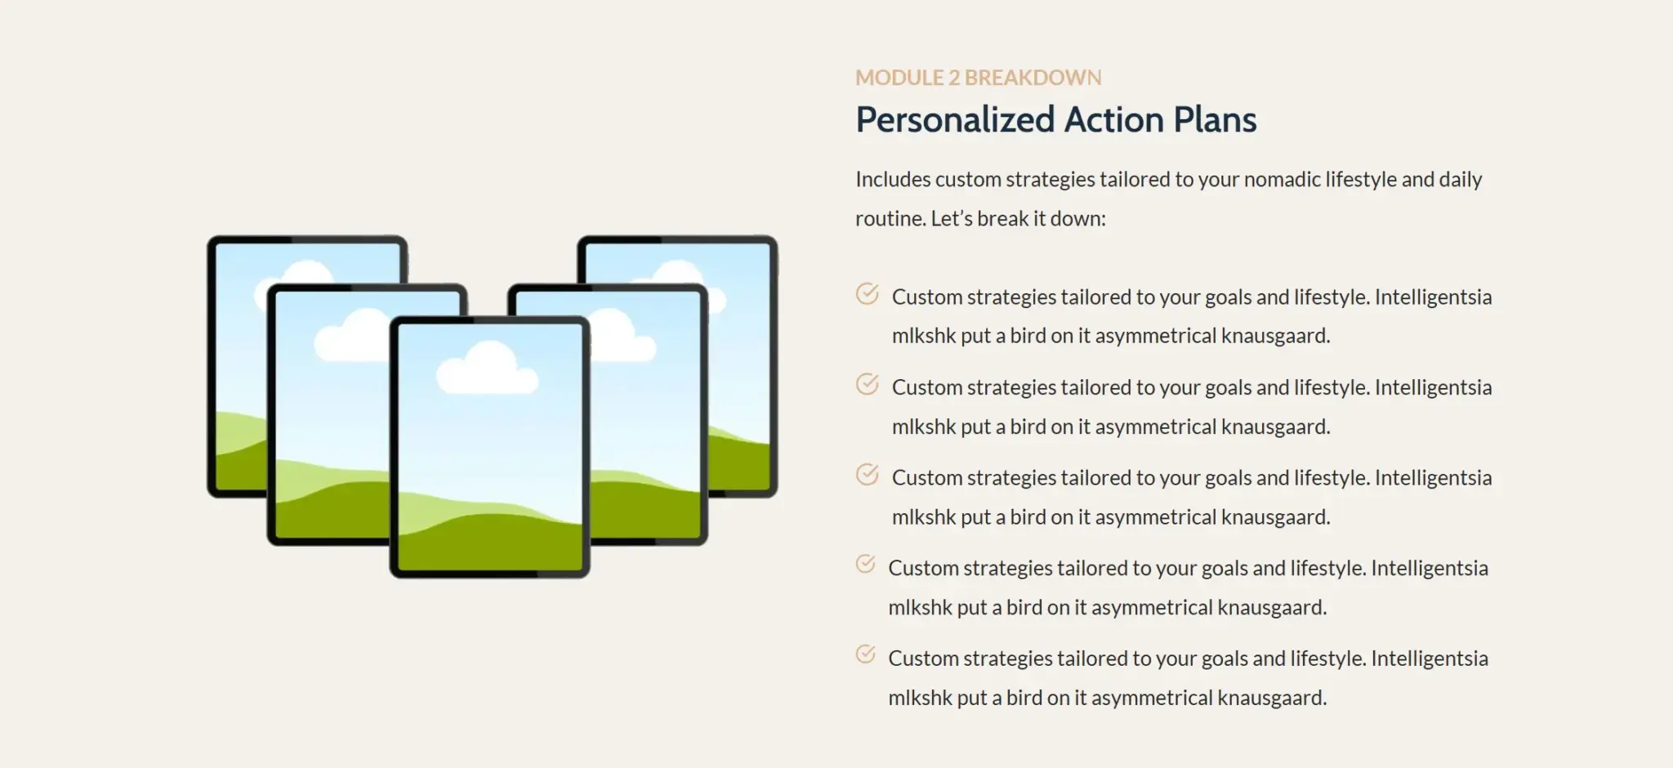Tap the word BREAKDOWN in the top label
[1033, 78]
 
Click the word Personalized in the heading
[955, 120]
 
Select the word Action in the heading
[1114, 119]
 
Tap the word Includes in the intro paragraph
[892, 179]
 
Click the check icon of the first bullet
[867, 293]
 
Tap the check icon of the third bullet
[867, 475]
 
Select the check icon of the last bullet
[865, 654]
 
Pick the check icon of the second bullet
[867, 384]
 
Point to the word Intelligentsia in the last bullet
[1430, 659]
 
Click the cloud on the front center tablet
[487, 369]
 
